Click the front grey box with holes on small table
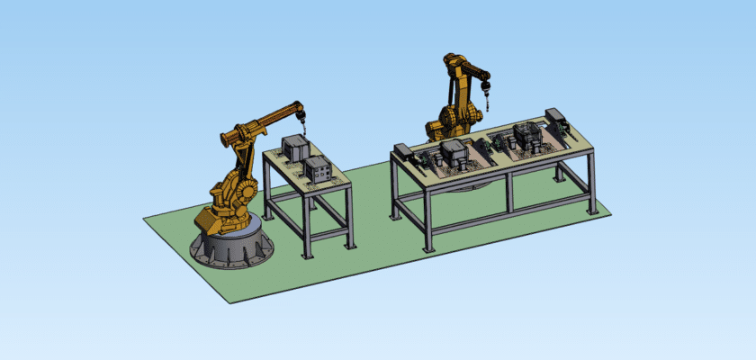click(x=318, y=168)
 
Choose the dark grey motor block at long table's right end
click(x=556, y=117)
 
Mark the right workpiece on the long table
click(x=526, y=136)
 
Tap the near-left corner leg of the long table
click(x=428, y=220)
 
